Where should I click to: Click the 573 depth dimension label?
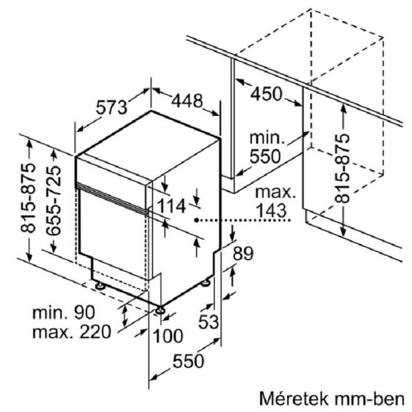tap(111, 107)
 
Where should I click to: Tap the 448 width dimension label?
tap(187, 101)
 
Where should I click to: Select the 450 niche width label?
tap(266, 94)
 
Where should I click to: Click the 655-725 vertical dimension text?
tap(54, 201)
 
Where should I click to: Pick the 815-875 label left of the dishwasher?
tap(28, 198)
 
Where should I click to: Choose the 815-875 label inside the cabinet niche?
tap(342, 169)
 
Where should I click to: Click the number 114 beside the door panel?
tap(172, 206)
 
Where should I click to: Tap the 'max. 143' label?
tap(274, 202)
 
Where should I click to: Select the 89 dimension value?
tap(243, 254)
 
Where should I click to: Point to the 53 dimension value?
tap(208, 322)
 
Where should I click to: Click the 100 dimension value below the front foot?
tap(168, 336)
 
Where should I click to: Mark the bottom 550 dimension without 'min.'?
tap(188, 361)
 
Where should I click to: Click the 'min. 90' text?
tap(64, 313)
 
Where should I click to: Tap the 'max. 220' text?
tap(72, 332)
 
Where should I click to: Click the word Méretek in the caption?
tap(294, 399)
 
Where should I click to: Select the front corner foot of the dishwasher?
tap(160, 310)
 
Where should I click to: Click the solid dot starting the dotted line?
tap(197, 220)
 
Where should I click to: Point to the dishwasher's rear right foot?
tap(205, 283)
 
